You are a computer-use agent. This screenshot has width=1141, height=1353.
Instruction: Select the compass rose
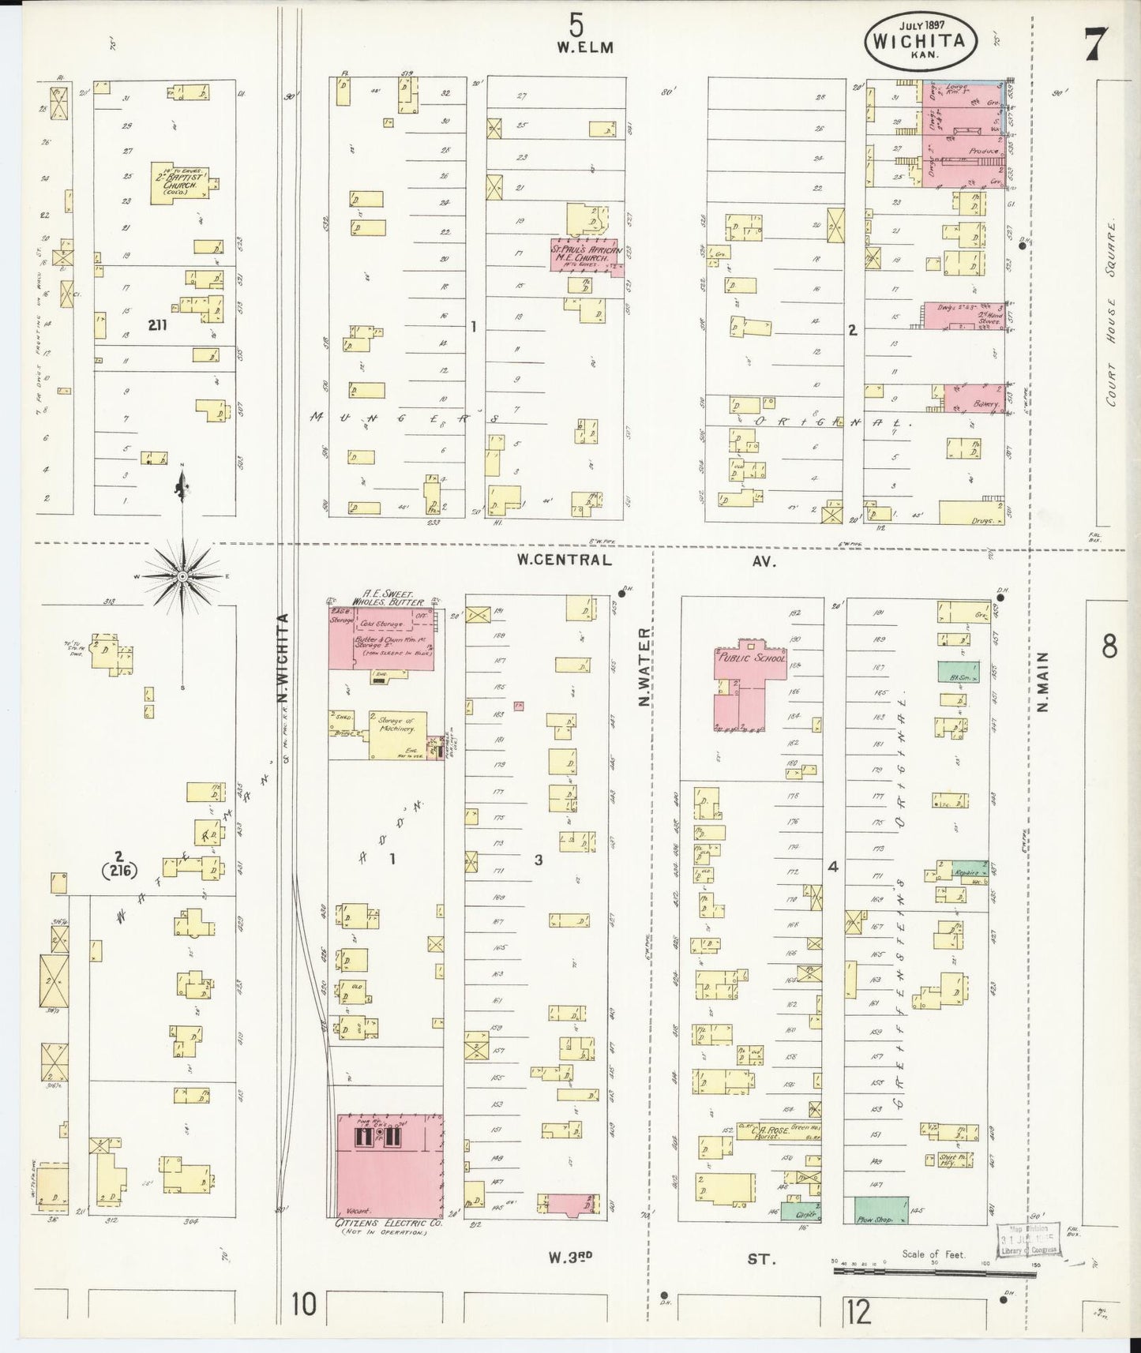pos(182,577)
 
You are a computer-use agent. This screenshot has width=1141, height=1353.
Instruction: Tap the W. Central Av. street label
pos(564,560)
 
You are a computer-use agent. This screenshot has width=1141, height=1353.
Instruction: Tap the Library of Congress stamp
pos(1025,1245)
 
